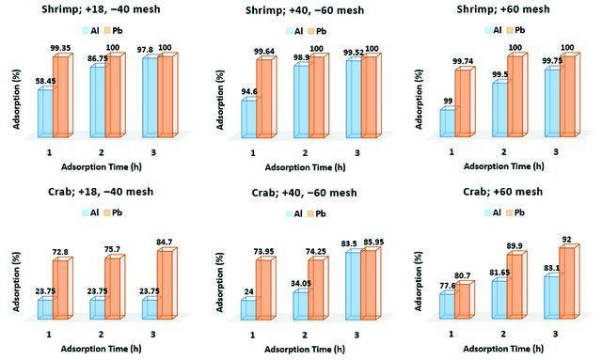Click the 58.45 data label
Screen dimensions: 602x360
pos(45,82)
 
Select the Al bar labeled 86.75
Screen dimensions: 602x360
pos(98,102)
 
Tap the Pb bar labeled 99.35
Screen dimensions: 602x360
pos(60,97)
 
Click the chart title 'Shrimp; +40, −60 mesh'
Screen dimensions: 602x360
pos(305,10)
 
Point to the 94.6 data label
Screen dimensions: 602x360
pos(249,91)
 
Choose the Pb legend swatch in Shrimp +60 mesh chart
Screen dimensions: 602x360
pos(510,30)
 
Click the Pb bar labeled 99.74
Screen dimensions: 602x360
pos(463,103)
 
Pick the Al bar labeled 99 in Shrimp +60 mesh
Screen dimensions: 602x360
pos(448,123)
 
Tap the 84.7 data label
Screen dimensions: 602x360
pos(165,243)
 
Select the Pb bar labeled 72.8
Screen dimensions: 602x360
pos(60,290)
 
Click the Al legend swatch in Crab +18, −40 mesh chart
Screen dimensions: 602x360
pos(86,212)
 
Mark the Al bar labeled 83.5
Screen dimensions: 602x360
pos(353,287)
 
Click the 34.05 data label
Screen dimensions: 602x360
pos(301,284)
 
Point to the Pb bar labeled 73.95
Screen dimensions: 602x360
pos(263,290)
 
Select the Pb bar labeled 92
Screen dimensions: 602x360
pos(566,283)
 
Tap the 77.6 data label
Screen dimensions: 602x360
pos(448,286)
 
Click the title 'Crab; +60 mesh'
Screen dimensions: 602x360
pos(503,192)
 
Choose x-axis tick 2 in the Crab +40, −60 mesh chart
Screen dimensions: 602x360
pos(305,335)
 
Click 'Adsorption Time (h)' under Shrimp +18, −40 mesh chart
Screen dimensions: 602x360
pos(102,167)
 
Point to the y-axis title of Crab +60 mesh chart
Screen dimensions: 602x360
pos(419,281)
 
